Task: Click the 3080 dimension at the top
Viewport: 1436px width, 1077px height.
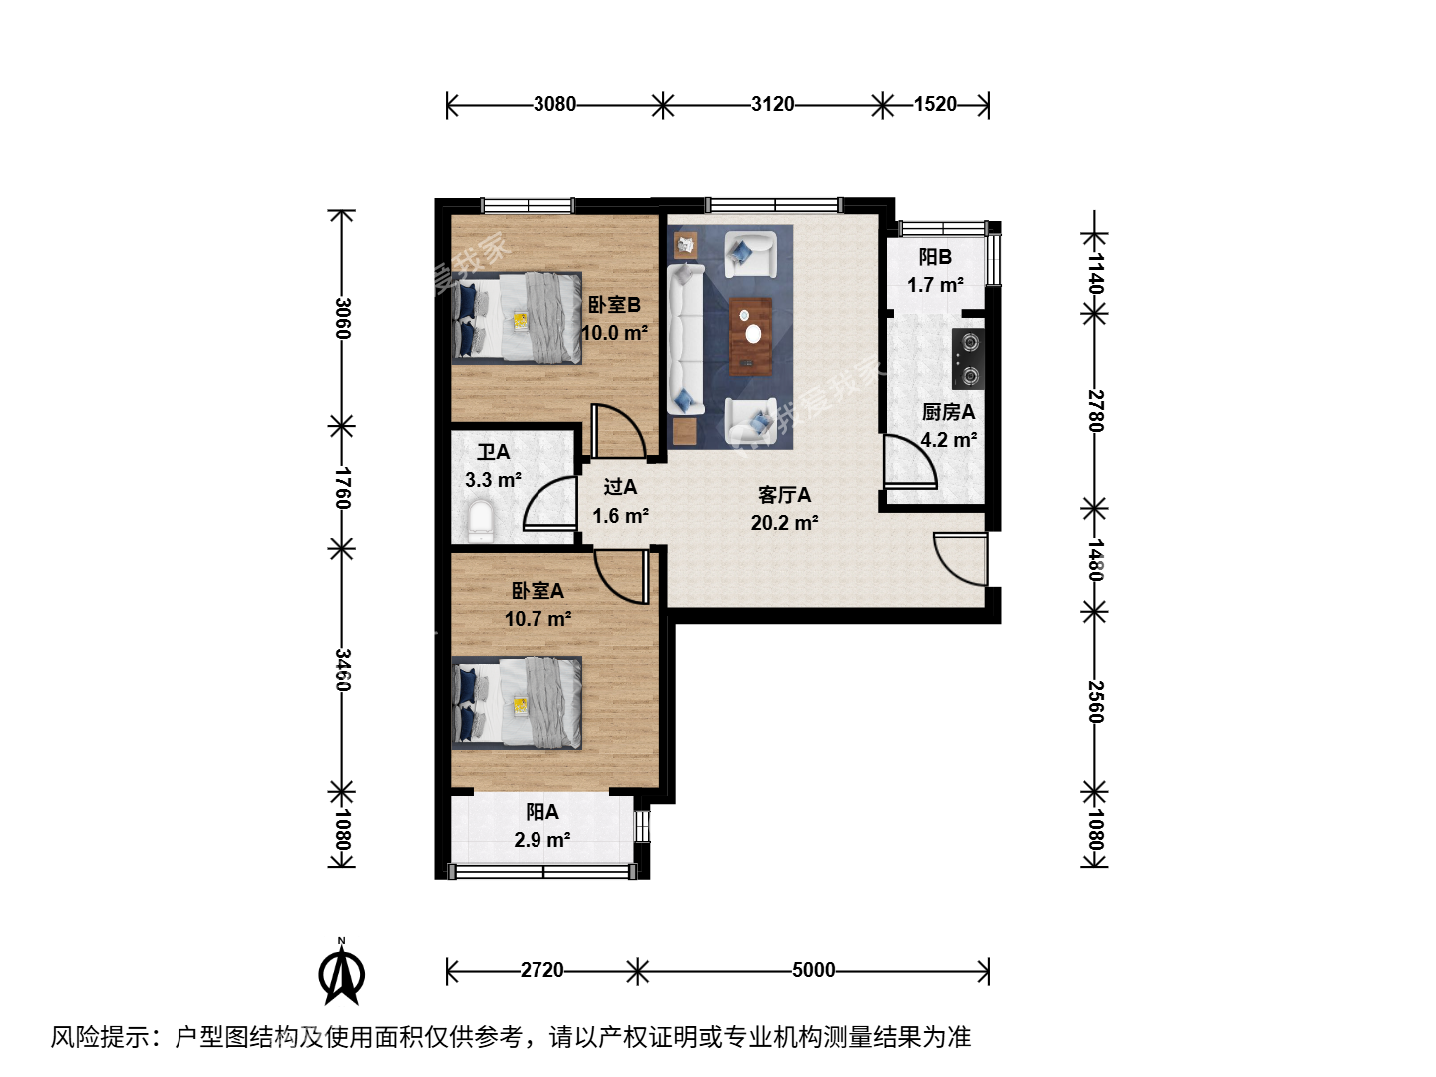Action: [x=554, y=104]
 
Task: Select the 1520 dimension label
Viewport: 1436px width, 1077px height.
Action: [x=934, y=104]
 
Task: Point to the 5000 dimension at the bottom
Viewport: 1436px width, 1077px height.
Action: [x=813, y=969]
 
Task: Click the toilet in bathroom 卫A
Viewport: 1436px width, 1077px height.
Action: [x=481, y=522]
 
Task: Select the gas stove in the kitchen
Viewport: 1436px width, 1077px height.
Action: [x=968, y=359]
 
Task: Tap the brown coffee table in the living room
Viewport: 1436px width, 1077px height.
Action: [x=750, y=337]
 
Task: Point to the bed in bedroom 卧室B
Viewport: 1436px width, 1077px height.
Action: [x=517, y=318]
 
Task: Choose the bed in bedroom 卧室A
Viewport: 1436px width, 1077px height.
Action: [x=517, y=703]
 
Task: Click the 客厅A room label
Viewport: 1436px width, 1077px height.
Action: [x=784, y=495]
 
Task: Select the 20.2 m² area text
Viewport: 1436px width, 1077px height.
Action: [x=784, y=523]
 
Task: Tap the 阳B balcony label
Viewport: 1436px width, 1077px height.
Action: [x=935, y=257]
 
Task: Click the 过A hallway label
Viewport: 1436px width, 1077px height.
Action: [x=620, y=487]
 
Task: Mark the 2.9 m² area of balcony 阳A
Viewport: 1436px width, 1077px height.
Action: [x=541, y=839]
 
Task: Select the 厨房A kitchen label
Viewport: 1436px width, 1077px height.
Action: [x=948, y=412]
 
